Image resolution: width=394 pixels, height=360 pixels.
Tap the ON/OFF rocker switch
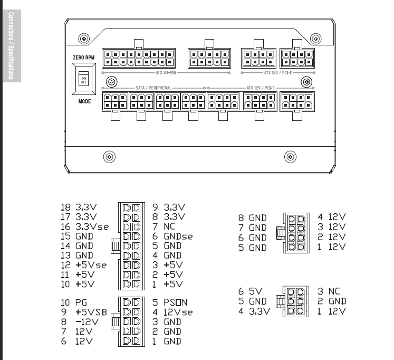point(84,80)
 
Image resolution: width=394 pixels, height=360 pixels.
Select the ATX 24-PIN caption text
point(166,72)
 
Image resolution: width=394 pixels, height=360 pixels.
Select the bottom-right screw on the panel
point(290,156)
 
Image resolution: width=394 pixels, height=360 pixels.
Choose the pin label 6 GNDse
point(172,236)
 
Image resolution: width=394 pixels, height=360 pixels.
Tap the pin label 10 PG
point(74,302)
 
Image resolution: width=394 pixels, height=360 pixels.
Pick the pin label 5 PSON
point(173,302)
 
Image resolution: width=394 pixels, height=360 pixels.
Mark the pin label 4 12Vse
point(172,312)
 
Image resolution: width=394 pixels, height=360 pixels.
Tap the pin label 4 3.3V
point(254,311)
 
